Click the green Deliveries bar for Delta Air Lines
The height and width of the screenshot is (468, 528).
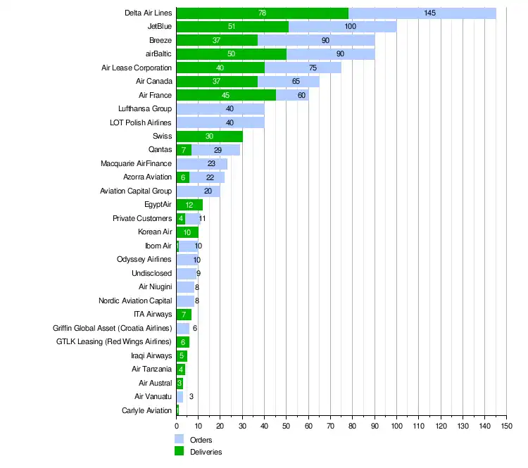(x=262, y=13)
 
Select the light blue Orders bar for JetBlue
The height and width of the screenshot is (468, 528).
(x=342, y=27)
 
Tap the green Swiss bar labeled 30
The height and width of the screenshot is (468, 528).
(x=209, y=136)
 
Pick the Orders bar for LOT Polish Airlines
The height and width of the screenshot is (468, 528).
(x=220, y=122)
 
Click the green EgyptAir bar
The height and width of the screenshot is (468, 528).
(x=189, y=204)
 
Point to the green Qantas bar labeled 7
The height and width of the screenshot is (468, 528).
(x=184, y=150)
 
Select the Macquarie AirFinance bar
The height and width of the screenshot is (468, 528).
(x=201, y=163)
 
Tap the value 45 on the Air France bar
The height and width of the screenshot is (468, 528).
(x=226, y=95)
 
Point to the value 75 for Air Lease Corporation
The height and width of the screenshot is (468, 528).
(x=313, y=68)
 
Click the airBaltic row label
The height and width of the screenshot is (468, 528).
(x=155, y=54)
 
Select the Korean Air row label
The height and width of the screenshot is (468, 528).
(x=155, y=232)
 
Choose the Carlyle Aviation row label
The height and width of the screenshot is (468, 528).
(x=146, y=410)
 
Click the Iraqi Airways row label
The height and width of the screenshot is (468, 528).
(x=151, y=355)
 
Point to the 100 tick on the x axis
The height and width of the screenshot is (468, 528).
(x=396, y=426)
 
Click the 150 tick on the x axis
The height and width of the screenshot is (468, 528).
(x=506, y=426)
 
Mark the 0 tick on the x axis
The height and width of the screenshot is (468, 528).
(x=176, y=426)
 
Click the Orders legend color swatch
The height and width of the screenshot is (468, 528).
(x=180, y=440)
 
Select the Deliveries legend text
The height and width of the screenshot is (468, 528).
(x=206, y=452)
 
